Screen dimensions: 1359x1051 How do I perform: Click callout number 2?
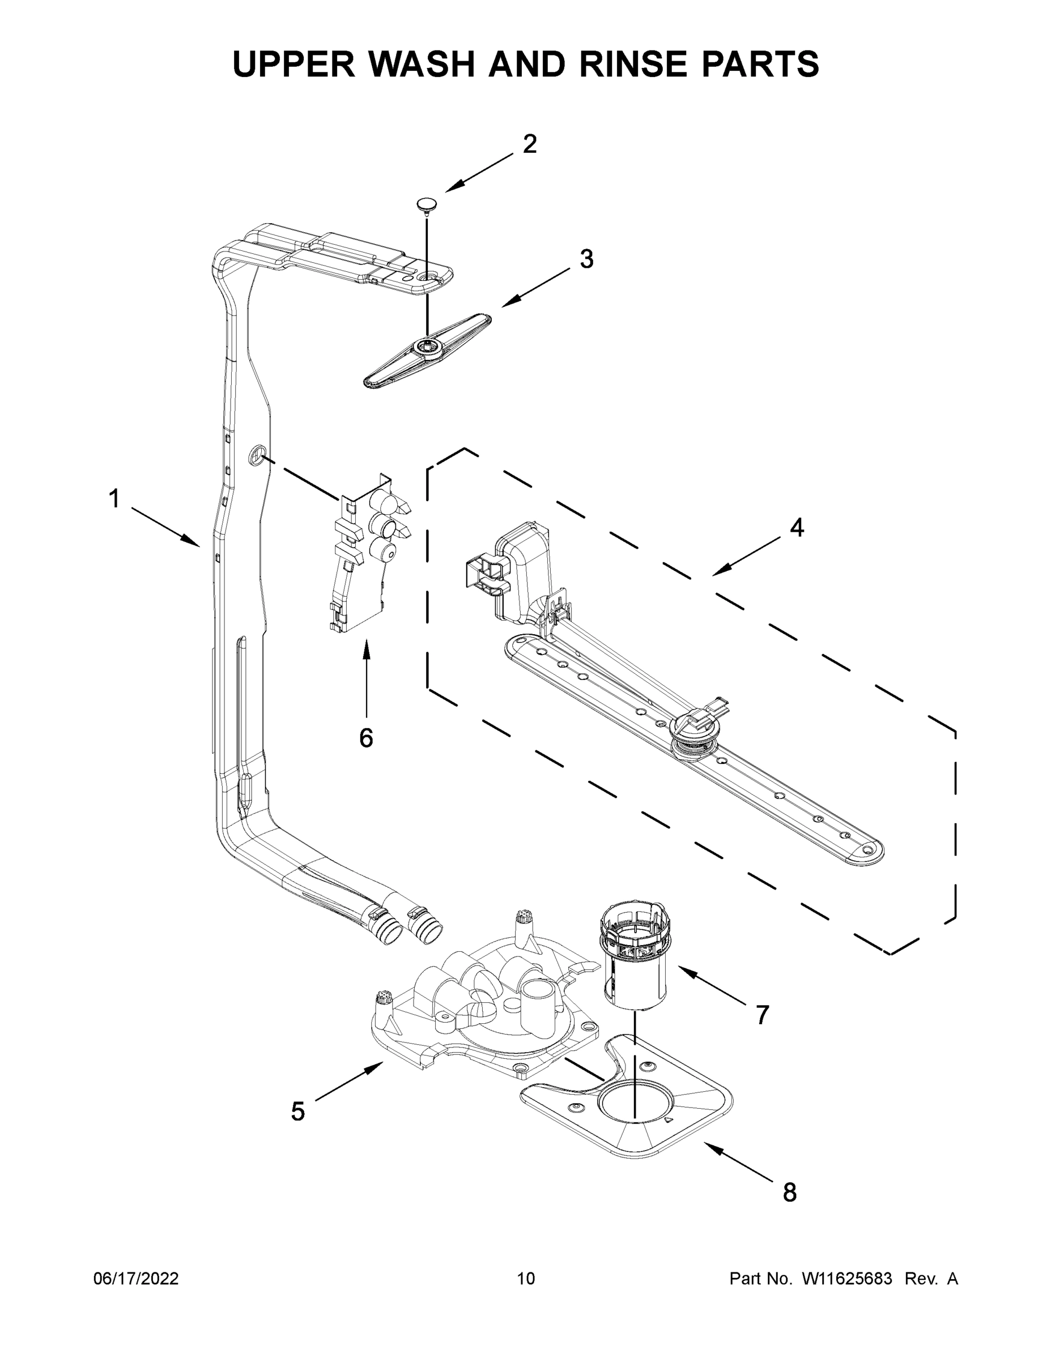[529, 144]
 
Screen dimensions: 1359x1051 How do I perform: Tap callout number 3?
[586, 259]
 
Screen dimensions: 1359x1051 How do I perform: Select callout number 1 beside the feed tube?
[114, 498]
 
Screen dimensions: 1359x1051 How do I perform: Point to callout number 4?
[797, 528]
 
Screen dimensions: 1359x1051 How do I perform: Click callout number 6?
[366, 738]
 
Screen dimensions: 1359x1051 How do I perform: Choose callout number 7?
[762, 1015]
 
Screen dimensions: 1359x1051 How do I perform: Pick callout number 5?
[298, 1112]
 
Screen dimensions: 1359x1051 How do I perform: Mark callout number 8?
[789, 1191]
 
